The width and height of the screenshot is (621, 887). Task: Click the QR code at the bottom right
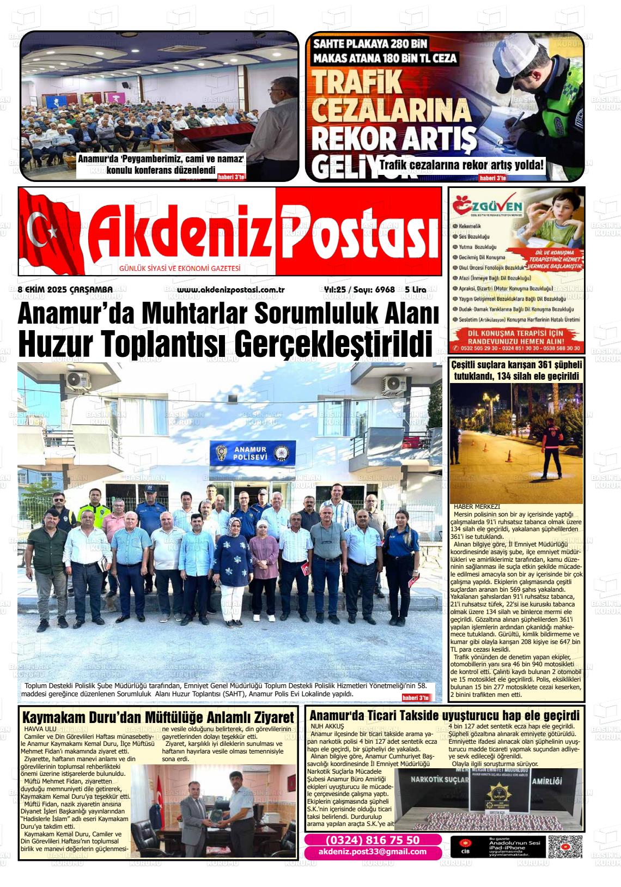[565, 847]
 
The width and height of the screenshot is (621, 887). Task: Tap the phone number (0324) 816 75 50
[373, 840]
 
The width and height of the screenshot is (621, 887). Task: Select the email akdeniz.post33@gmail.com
[373, 852]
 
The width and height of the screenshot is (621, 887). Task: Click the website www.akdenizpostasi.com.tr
[223, 289]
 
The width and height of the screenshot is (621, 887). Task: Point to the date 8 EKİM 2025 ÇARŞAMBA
[65, 289]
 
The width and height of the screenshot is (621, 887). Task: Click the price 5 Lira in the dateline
[416, 289]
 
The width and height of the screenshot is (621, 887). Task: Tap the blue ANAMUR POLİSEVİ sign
[253, 453]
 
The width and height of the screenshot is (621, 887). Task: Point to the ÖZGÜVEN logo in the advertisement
[488, 208]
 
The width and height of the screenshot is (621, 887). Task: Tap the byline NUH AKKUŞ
[327, 726]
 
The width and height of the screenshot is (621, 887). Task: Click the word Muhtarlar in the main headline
[204, 314]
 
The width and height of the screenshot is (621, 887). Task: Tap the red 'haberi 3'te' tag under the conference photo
[232, 177]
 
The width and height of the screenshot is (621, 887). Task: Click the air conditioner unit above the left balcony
[80, 379]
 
